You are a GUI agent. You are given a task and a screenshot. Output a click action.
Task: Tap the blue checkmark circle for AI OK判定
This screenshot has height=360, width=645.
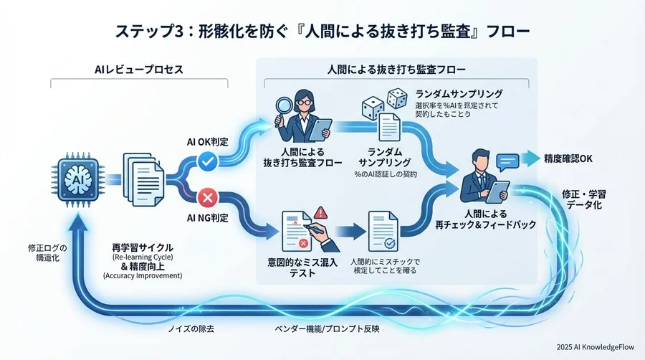(x=207, y=163)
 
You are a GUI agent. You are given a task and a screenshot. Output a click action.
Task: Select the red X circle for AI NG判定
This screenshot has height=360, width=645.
(x=207, y=196)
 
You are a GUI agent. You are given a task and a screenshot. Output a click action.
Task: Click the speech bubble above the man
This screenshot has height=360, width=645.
(x=507, y=161)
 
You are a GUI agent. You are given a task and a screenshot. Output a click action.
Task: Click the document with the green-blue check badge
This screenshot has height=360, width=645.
(x=385, y=231)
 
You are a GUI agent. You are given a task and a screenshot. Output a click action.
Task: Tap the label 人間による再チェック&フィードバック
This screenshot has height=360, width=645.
(x=485, y=219)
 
